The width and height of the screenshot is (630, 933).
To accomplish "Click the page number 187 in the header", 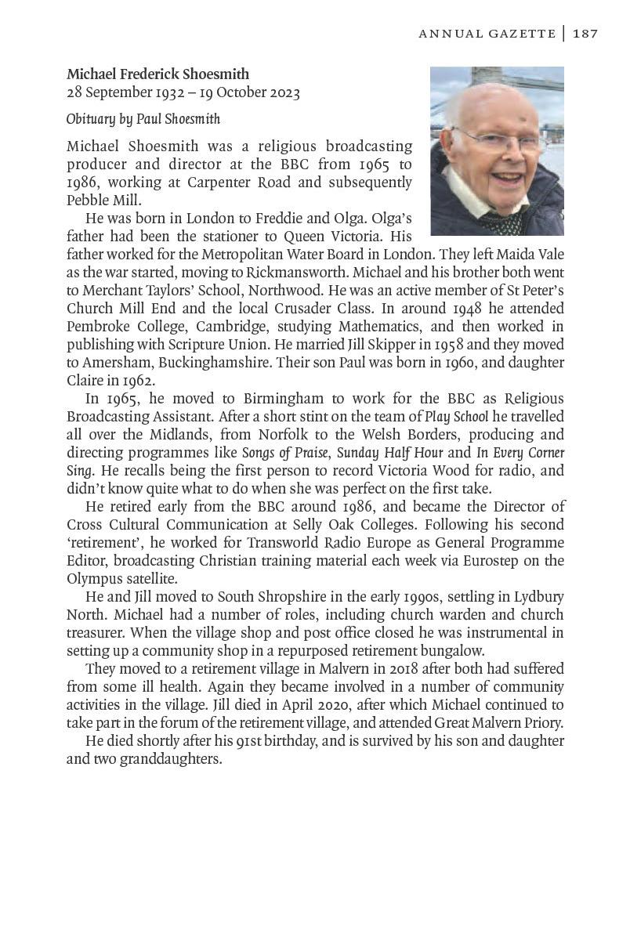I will (585, 33).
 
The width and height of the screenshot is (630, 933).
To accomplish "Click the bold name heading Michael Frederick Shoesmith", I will (157, 74).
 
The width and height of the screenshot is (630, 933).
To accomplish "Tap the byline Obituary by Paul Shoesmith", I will (143, 119).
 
